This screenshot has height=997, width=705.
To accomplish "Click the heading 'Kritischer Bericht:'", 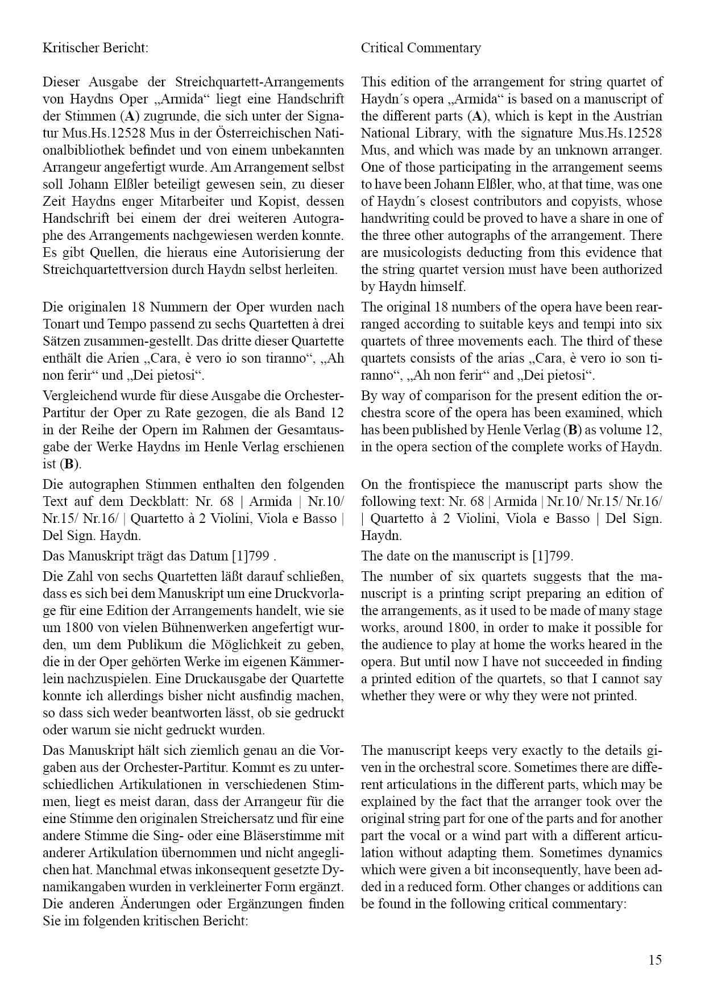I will [95, 48].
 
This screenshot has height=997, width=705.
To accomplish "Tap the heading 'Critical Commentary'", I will [421, 48].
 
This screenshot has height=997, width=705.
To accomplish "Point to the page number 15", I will [655, 960].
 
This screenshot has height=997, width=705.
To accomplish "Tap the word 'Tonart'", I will [60, 324].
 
